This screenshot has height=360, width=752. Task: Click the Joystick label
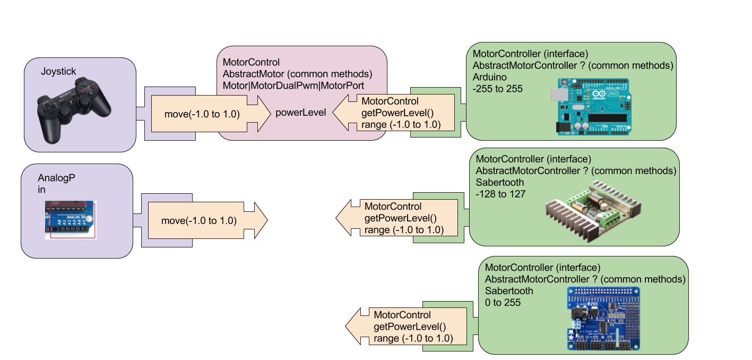pos(58,71)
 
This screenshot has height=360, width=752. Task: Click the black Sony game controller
pos(74,109)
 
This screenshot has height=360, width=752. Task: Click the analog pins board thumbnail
pos(70,219)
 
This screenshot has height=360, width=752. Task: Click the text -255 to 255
pos(497,89)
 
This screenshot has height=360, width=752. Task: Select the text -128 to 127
pos(500,194)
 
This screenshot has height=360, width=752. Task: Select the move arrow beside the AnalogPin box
pos(206,220)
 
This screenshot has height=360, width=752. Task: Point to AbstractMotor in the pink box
pos(250,74)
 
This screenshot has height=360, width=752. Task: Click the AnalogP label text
pos(56,178)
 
